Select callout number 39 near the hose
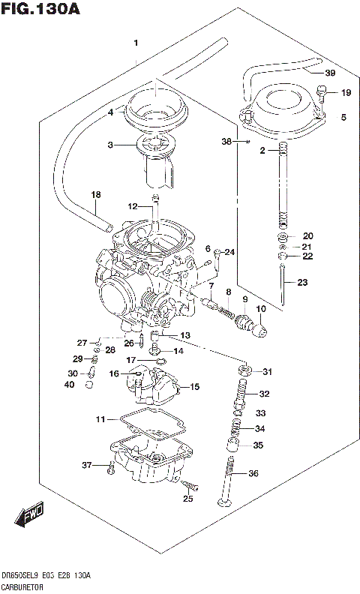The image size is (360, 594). click(330, 73)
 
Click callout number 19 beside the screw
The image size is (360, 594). click(345, 93)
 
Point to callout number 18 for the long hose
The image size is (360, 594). click(95, 195)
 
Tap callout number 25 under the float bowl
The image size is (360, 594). click(187, 499)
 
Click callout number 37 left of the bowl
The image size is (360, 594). click(86, 466)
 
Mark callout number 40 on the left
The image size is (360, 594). click(69, 385)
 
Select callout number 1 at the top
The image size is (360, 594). click(136, 43)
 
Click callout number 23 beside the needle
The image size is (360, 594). click(302, 283)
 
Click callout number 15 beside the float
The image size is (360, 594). click(194, 387)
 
